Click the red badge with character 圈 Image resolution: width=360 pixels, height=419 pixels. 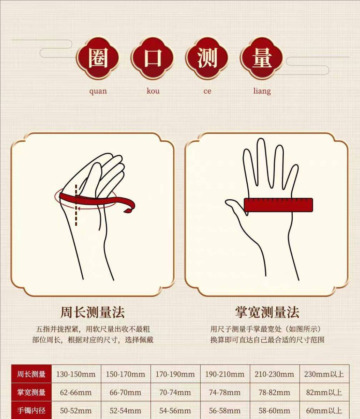[97, 58]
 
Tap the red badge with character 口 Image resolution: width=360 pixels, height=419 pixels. [152, 58]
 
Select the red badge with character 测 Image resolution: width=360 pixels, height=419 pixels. [207, 58]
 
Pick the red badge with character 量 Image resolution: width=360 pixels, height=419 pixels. [262, 58]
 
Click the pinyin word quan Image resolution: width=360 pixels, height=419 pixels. [98, 91]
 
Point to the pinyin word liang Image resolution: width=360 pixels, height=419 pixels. [262, 91]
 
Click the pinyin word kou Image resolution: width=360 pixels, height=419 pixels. [153, 91]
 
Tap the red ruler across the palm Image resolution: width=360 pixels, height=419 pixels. [278, 205]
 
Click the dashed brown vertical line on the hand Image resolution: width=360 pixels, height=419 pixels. [76, 205]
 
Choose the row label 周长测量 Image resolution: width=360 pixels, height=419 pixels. [31, 374]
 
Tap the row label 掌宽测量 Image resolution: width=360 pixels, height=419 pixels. [31, 392]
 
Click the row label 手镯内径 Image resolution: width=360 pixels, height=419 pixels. [31, 411]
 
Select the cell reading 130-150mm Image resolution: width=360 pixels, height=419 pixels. [76, 374]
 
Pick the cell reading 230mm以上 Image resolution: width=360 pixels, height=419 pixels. [324, 374]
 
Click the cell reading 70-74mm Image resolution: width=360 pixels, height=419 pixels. [175, 393]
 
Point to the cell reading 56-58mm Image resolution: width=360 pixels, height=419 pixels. [225, 411]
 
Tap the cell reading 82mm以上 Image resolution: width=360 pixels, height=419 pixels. [324, 393]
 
